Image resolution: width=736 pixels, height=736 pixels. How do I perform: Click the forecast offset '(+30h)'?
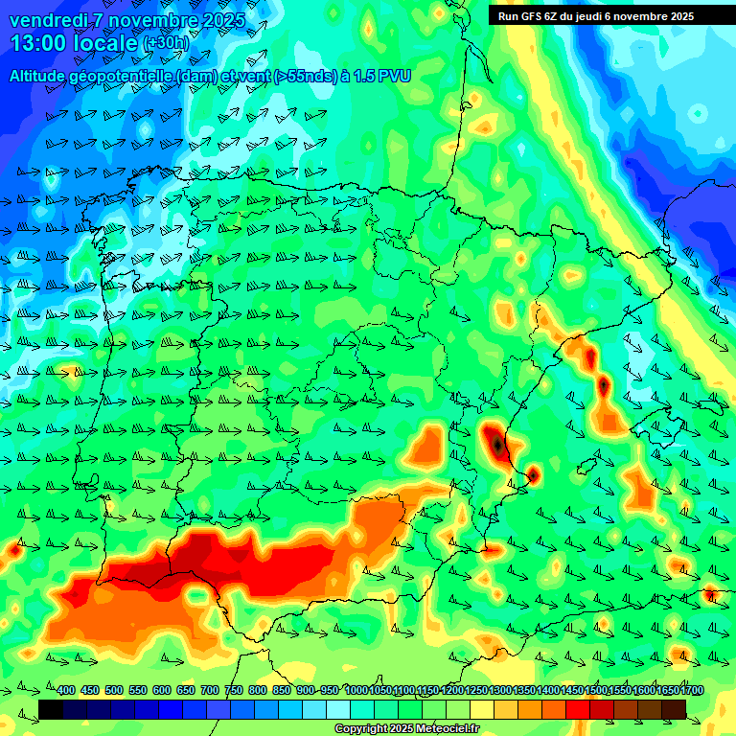point(166,44)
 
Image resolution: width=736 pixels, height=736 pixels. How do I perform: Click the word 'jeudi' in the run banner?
point(612,16)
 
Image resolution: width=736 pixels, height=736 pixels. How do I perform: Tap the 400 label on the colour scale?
point(66,690)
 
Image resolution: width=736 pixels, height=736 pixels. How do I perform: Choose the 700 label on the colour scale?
point(210,690)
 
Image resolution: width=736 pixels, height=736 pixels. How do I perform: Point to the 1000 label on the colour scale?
point(356,690)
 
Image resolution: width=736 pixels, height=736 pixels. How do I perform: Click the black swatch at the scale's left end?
point(51,708)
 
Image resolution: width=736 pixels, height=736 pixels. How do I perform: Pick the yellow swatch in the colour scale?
point(482,708)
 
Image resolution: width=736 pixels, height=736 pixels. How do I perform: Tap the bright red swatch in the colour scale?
point(578,708)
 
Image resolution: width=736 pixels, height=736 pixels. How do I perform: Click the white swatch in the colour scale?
point(338,708)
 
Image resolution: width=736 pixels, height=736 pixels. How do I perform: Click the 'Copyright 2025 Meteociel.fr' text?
point(407,728)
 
